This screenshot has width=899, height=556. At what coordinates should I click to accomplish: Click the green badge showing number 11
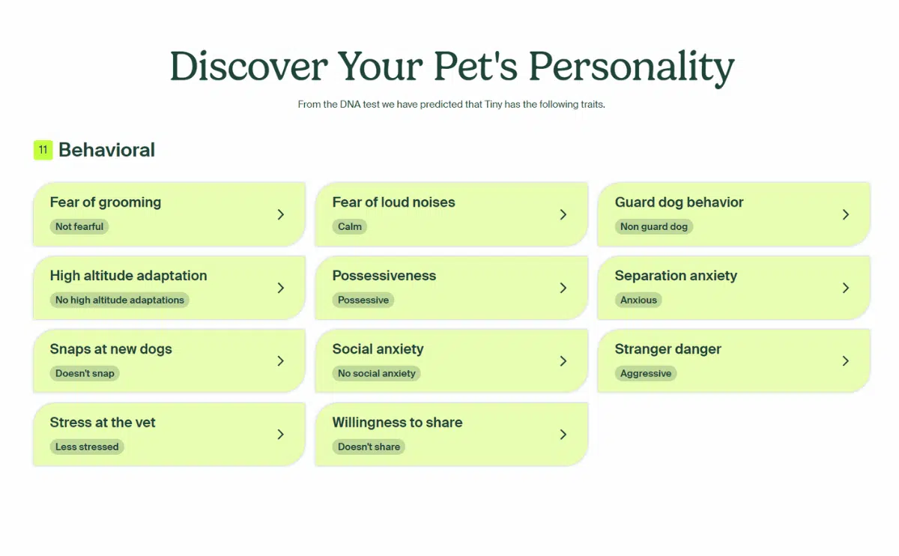coord(43,150)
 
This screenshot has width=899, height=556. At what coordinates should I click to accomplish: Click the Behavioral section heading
coord(106,150)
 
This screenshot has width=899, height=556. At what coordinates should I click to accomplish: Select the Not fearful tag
coord(79,226)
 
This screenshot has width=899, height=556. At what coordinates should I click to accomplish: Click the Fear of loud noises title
coord(393,202)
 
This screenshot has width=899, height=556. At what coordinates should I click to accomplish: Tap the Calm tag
coord(350,226)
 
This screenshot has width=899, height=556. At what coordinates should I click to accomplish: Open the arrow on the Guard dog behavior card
coord(845,214)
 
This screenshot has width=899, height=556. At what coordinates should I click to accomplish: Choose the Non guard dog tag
coord(653,226)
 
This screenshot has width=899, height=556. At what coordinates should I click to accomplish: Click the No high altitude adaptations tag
coord(120,300)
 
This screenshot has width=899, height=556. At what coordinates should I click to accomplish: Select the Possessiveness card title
coord(384,276)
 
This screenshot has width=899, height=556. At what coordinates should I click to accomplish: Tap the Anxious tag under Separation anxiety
coord(638,300)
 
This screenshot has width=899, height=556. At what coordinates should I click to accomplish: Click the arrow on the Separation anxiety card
coord(845,288)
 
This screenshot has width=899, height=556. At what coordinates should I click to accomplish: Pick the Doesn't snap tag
coord(85,373)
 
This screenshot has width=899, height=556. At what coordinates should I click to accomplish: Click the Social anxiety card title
coord(378,349)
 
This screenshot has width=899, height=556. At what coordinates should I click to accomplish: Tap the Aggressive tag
coord(646,373)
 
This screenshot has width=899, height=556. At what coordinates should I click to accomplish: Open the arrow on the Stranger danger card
coord(845,361)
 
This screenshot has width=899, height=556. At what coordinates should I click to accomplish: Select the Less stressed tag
coord(87,447)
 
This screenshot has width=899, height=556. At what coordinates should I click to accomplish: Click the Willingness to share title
coord(397,423)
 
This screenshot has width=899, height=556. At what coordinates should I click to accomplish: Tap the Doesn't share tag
coord(369,447)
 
